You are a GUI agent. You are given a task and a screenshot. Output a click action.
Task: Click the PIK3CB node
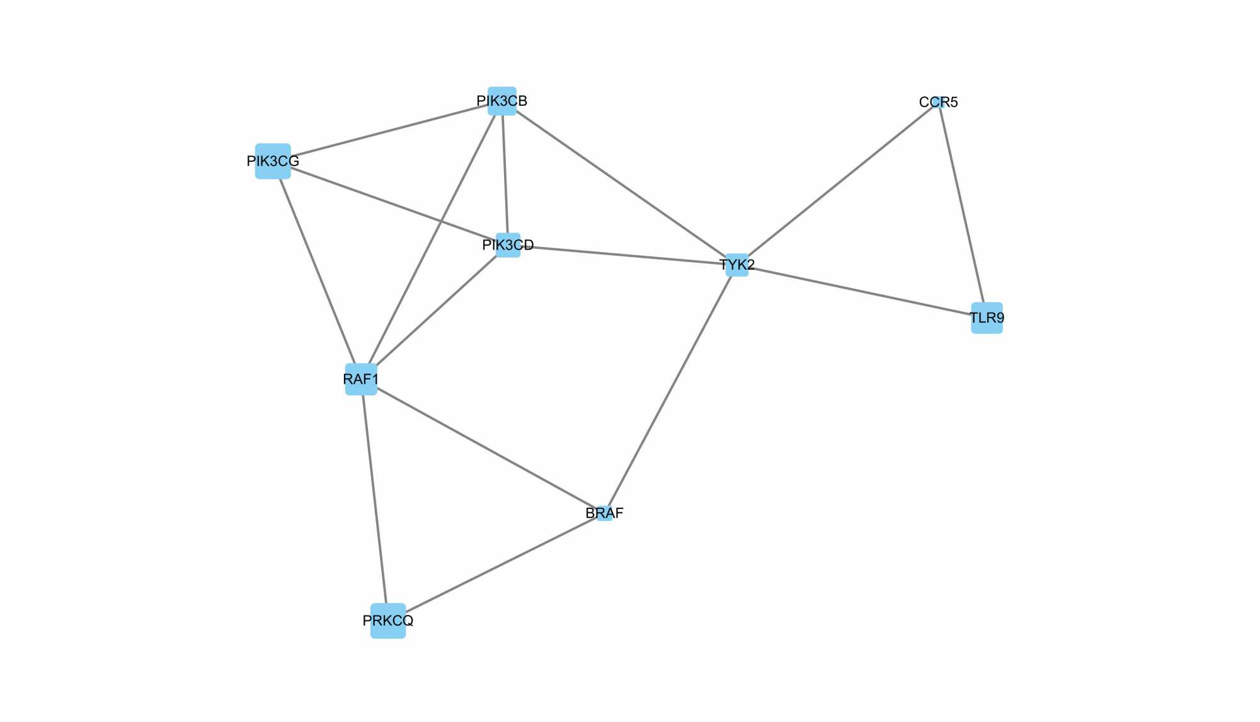502,101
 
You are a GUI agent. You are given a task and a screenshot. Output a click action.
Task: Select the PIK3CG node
273,161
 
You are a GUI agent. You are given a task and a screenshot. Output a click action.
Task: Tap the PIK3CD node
508,245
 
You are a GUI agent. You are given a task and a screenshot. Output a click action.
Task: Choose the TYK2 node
737,265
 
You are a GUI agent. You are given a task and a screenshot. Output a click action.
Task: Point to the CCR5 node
938,102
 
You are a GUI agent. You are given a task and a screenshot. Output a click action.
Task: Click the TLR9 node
987,318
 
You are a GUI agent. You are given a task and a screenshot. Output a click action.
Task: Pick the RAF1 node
361,379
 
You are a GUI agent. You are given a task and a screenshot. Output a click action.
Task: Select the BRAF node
604,513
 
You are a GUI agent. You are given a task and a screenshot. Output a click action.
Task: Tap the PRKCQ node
388,621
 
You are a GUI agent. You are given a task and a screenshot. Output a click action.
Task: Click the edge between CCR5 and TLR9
962,208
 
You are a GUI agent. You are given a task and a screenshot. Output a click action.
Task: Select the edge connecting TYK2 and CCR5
838,183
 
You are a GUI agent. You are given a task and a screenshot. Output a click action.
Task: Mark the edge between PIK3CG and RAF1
317,270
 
